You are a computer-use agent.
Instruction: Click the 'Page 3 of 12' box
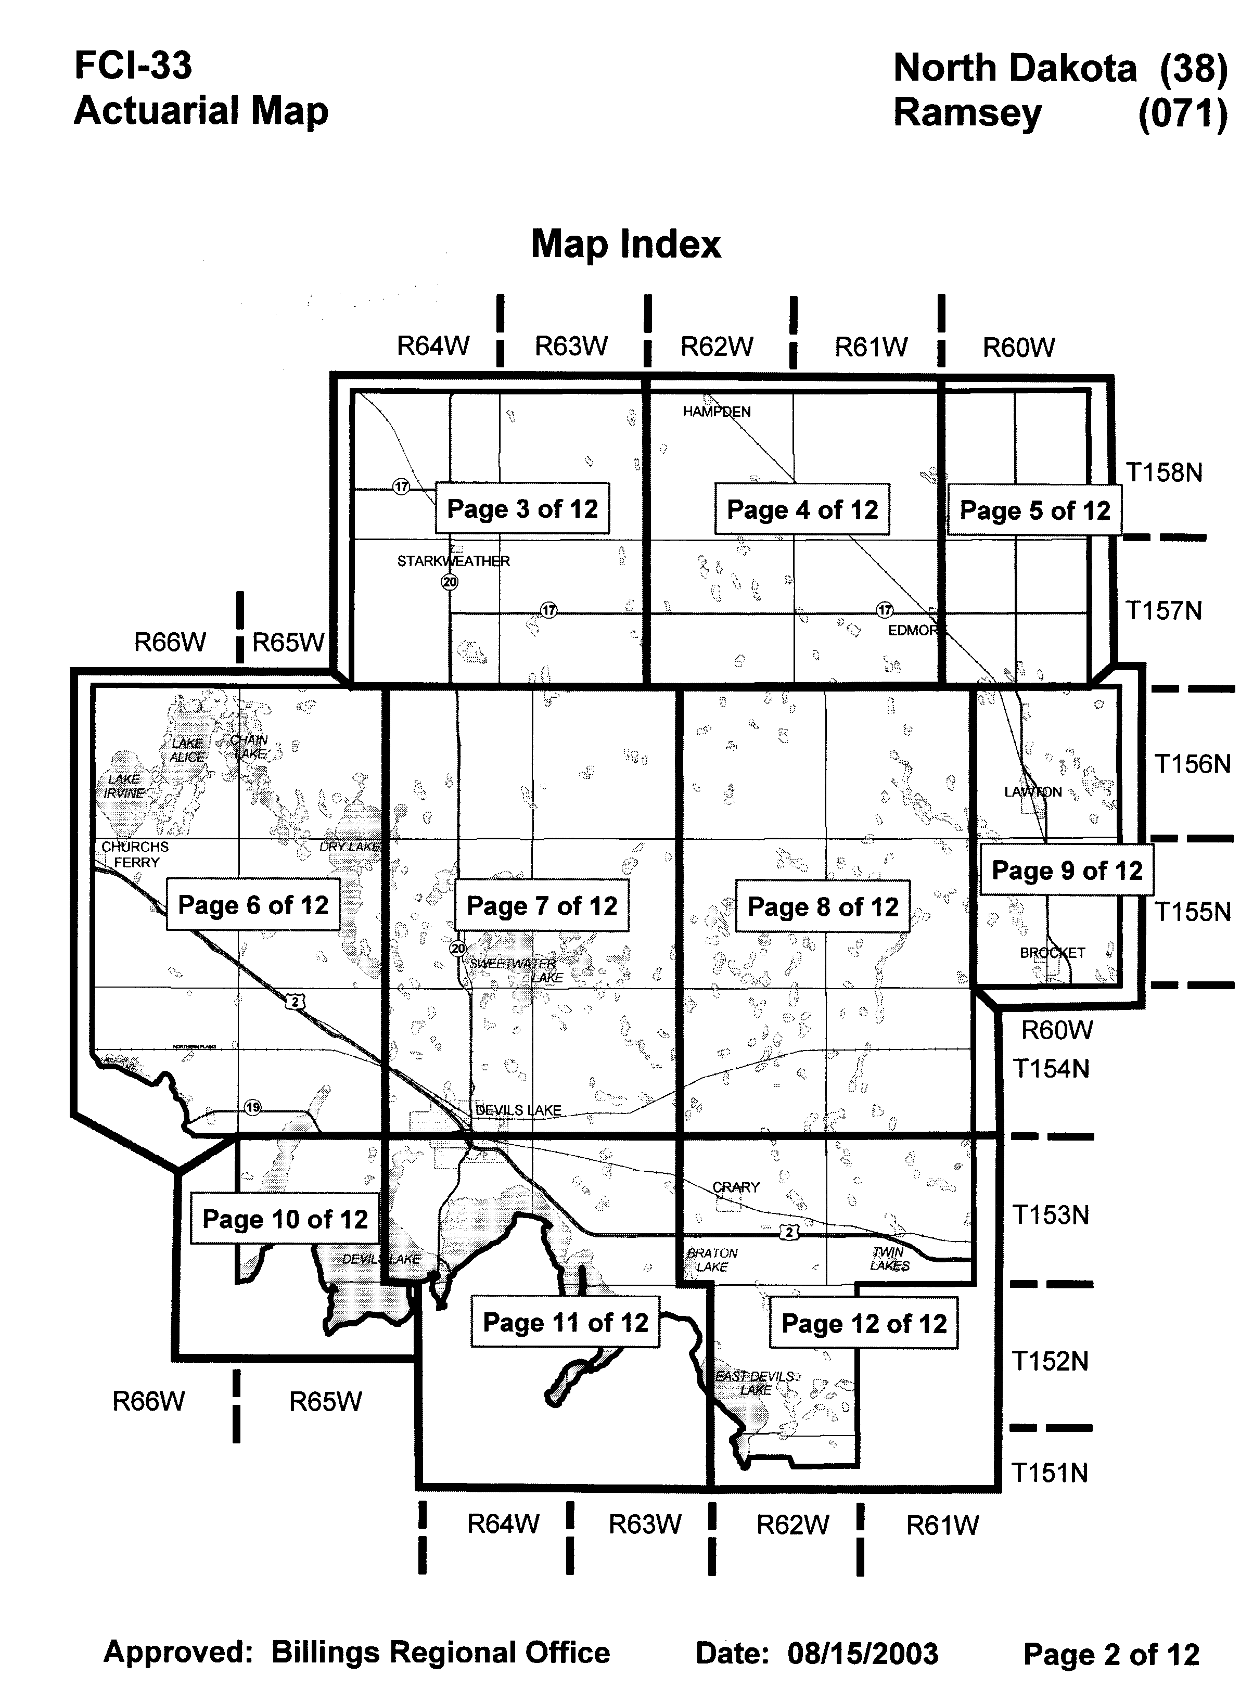(522, 508)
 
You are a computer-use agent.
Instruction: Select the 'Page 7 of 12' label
(542, 905)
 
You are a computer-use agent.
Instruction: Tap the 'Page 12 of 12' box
(864, 1324)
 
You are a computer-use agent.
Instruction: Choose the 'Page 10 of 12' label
(285, 1219)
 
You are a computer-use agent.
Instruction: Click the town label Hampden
(716, 412)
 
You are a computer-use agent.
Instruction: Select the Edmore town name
(913, 630)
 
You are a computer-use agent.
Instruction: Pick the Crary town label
(736, 1187)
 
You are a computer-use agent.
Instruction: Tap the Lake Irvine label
(124, 786)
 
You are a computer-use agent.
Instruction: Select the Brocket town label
(1052, 953)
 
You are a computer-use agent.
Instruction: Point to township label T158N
(1163, 472)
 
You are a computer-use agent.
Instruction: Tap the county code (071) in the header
(1182, 114)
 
